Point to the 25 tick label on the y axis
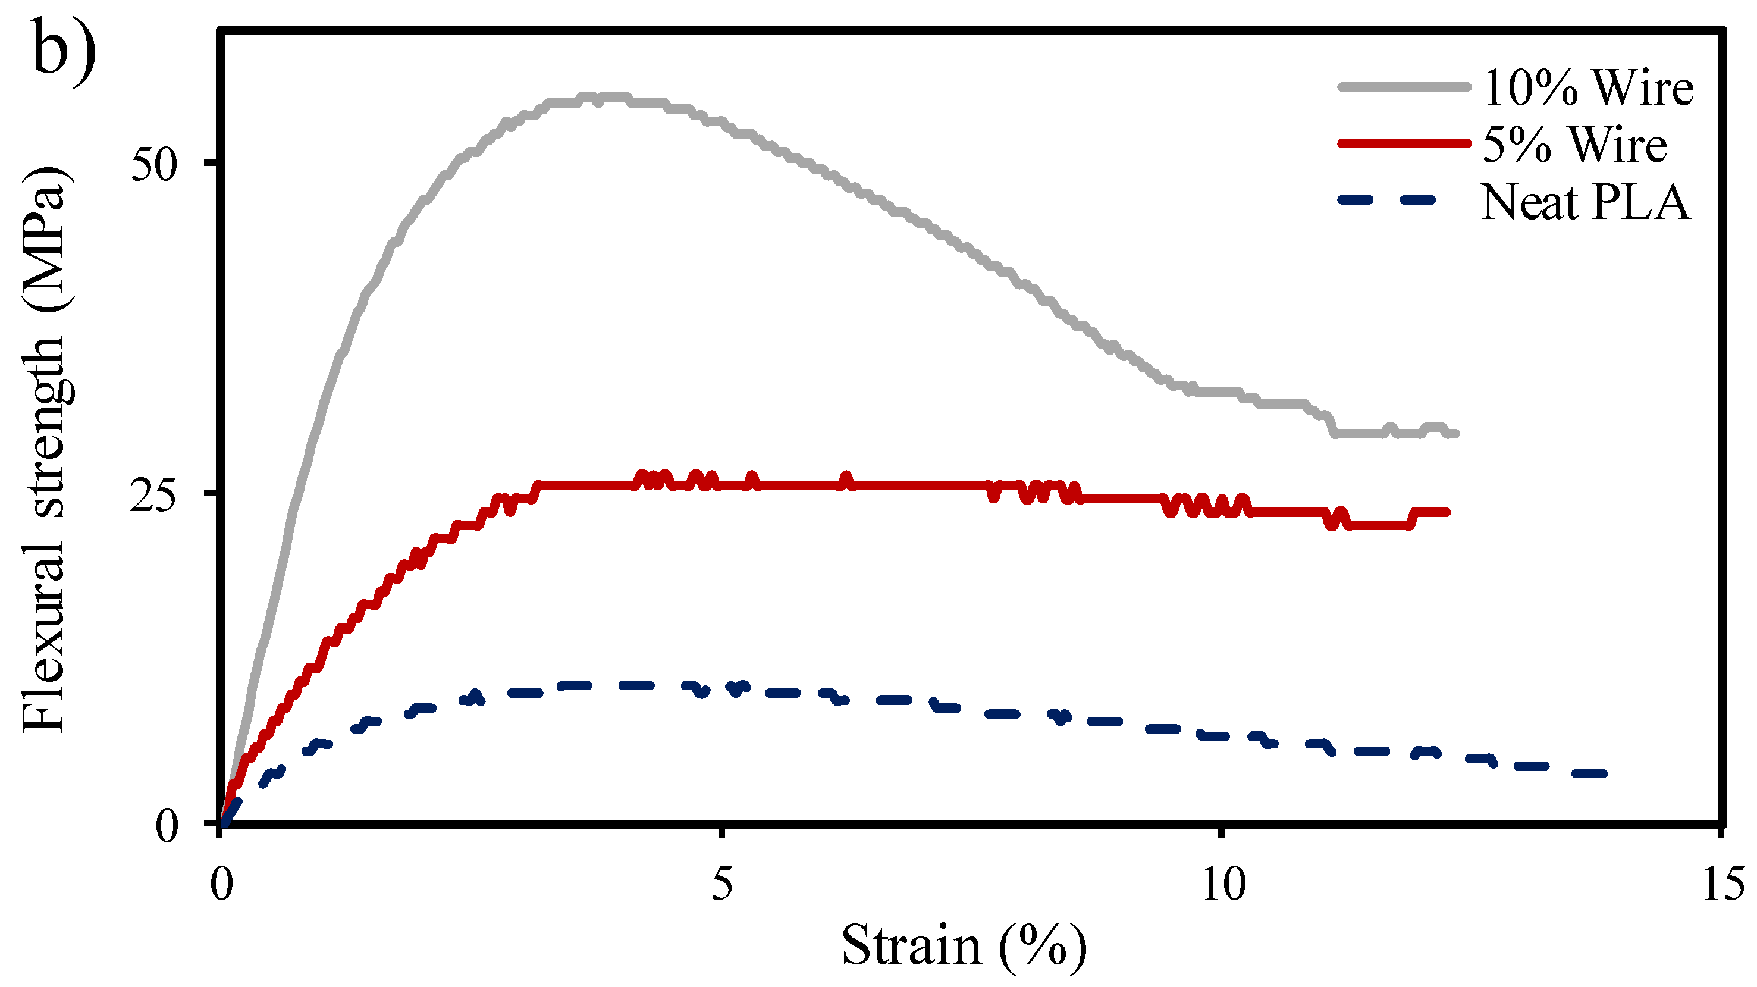pyautogui.click(x=154, y=496)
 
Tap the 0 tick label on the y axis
pyautogui.click(x=167, y=827)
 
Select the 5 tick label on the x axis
pyautogui.click(x=721, y=885)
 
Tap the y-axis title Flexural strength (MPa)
pyautogui.click(x=45, y=450)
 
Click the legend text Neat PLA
pyautogui.click(x=1586, y=203)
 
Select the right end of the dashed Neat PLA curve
pyautogui.click(x=1604, y=773)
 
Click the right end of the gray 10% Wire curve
pyautogui.click(x=1455, y=433)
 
